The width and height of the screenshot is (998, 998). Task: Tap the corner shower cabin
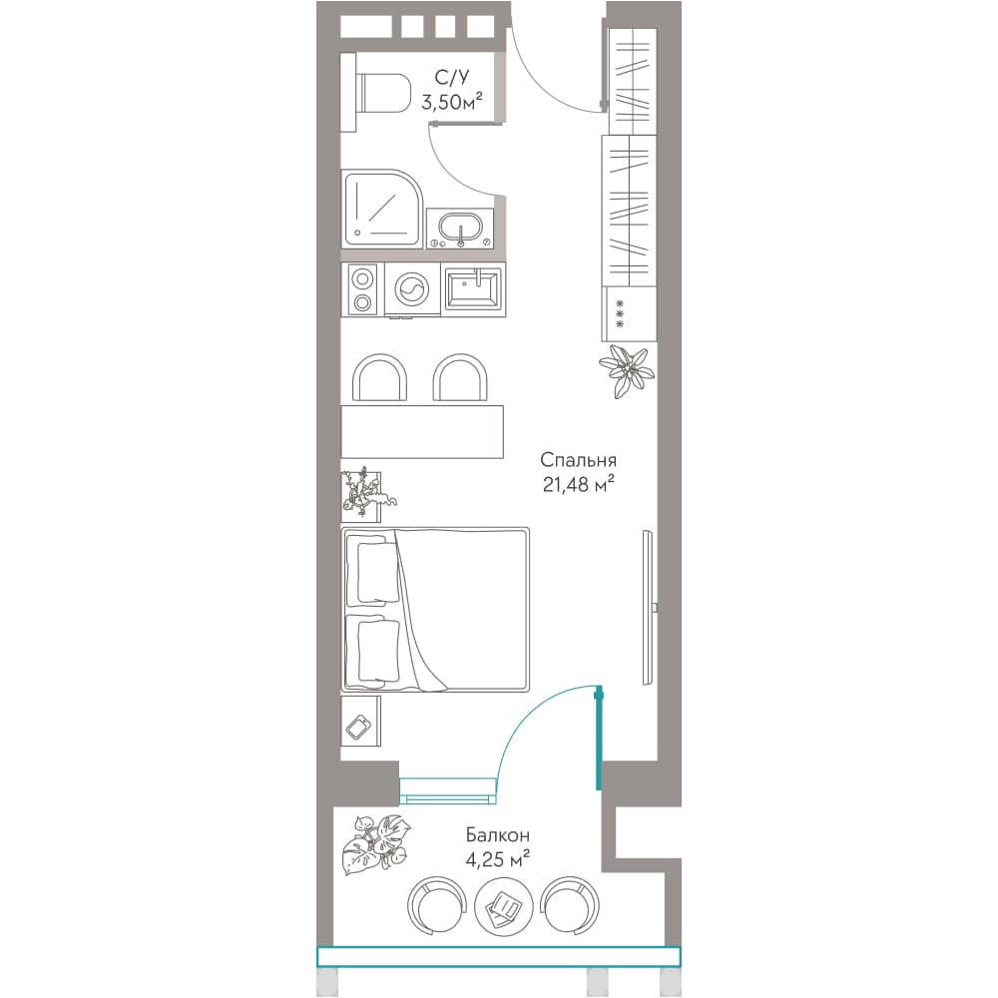tap(382, 209)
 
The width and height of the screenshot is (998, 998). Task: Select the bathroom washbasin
tap(460, 229)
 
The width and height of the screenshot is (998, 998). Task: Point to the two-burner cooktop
tap(363, 289)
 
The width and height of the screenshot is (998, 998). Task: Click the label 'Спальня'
tap(578, 460)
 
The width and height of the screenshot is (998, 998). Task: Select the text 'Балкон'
tap(497, 833)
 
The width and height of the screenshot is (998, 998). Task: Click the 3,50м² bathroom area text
tap(451, 101)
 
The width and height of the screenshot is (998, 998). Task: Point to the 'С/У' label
tap(451, 78)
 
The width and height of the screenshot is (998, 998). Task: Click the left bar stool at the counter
tap(380, 378)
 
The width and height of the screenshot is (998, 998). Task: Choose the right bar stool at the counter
tap(461, 378)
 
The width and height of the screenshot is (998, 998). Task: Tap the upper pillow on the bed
tap(376, 572)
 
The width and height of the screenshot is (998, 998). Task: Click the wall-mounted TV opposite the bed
tap(648, 607)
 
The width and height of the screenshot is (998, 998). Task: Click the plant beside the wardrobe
tap(626, 370)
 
